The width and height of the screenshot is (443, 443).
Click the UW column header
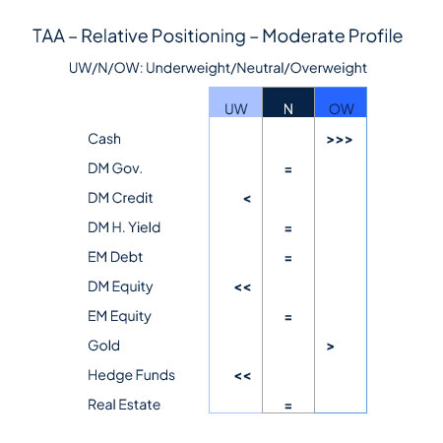(x=236, y=102)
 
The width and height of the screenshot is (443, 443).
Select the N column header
(x=288, y=102)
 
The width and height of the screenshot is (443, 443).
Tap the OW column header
(x=341, y=102)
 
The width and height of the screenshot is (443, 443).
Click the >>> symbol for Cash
(x=340, y=141)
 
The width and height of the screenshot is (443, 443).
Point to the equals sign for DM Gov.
(x=288, y=170)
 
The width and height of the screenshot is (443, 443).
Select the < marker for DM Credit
(x=247, y=199)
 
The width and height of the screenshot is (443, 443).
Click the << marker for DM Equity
(x=242, y=287)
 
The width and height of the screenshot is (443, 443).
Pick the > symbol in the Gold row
(x=331, y=347)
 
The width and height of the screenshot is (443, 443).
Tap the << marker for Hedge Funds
(x=242, y=376)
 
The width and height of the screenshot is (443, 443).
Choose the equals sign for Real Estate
(x=288, y=407)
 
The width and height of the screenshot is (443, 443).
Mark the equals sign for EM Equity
(x=288, y=318)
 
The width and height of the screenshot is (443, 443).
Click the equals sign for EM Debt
(x=288, y=259)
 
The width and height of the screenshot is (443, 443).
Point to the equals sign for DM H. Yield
(x=288, y=228)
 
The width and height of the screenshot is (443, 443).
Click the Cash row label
(x=104, y=139)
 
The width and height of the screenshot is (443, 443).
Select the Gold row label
(x=103, y=346)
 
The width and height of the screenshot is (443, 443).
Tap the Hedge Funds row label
(x=131, y=375)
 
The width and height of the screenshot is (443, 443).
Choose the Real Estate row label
(x=124, y=405)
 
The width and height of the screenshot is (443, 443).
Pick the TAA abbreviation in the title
(x=48, y=35)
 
